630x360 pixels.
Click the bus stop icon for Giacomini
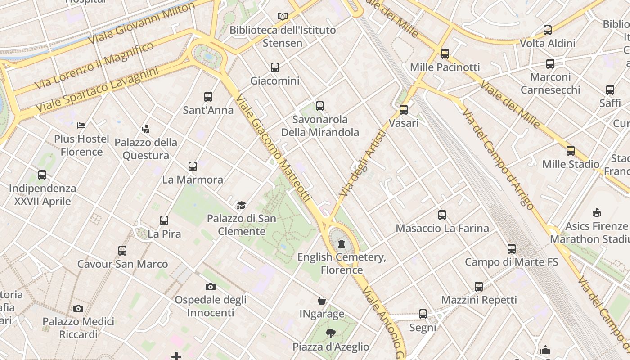(275, 67)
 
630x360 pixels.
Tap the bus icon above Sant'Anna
(208, 97)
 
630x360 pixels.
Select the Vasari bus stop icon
(404, 110)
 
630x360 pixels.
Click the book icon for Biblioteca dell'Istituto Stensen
(282, 17)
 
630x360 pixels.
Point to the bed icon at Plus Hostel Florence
(81, 125)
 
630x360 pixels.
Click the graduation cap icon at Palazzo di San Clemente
(242, 205)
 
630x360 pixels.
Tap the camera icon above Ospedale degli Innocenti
(210, 287)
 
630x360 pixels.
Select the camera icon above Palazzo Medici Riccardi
(78, 308)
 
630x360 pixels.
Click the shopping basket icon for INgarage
(322, 301)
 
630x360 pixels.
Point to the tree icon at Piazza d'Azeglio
(331, 333)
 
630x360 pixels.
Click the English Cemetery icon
(342, 244)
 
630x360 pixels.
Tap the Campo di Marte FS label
(511, 262)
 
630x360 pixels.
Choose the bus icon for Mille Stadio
(571, 151)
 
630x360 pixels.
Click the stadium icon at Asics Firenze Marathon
(597, 212)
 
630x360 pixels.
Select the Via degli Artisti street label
(363, 163)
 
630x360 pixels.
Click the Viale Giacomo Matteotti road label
(273, 148)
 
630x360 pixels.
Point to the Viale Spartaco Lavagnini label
(97, 90)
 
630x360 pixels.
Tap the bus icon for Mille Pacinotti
(445, 54)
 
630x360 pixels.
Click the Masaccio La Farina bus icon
(442, 215)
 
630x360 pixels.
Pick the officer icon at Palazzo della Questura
(145, 129)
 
